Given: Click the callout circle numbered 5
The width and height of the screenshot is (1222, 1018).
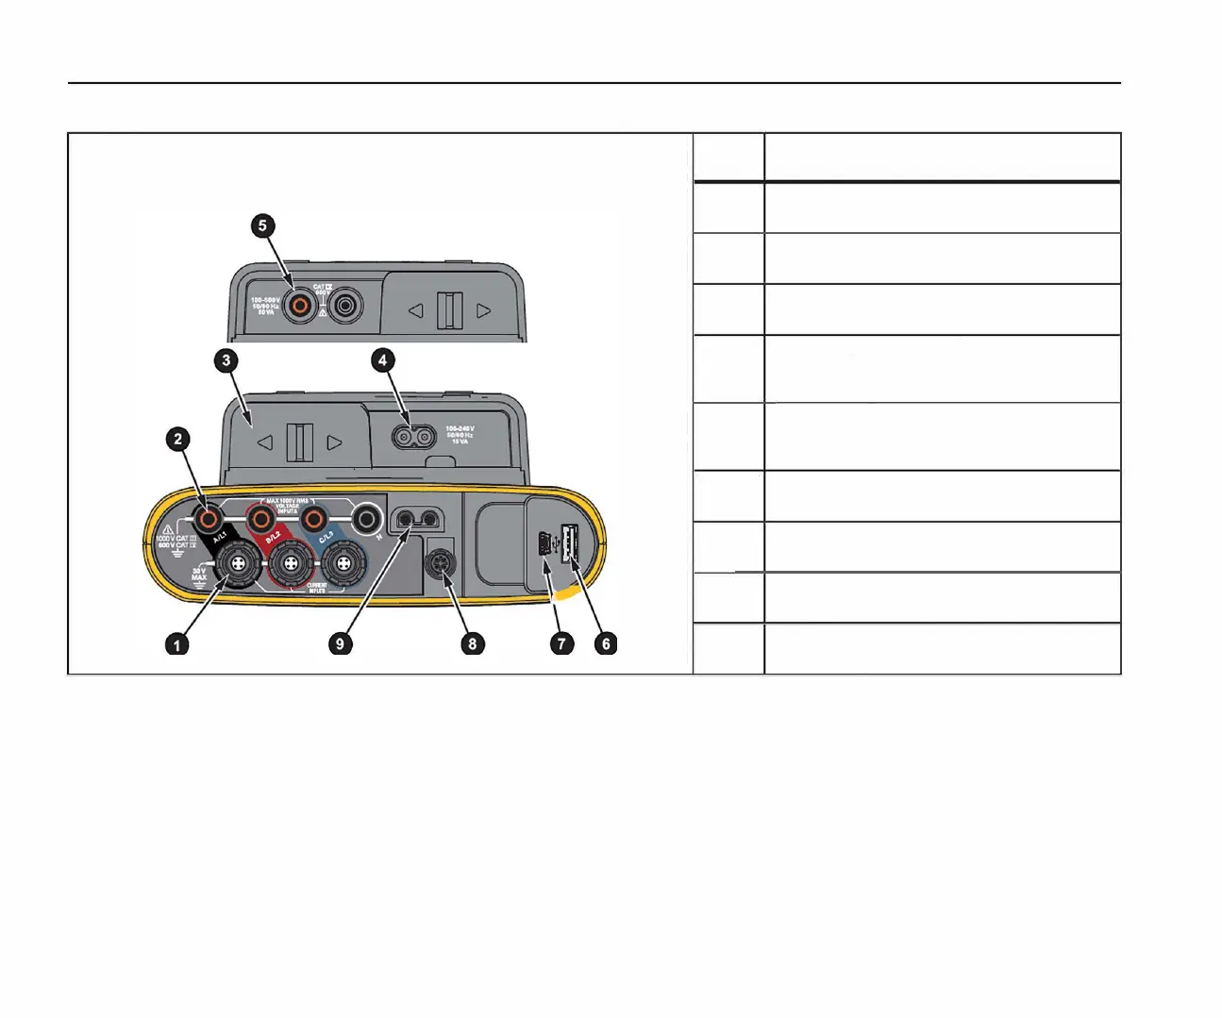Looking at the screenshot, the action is (x=262, y=225).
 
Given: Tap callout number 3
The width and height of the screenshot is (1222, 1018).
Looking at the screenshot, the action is (x=226, y=360).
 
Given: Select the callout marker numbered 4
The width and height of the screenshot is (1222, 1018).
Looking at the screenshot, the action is (x=382, y=360).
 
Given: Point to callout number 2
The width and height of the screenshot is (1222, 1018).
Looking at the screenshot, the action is (x=178, y=439).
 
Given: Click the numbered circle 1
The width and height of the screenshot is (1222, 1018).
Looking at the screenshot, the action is (x=176, y=644).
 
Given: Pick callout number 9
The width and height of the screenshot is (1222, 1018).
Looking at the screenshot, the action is (x=340, y=644).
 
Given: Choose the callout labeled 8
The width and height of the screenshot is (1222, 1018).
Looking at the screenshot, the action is (x=472, y=644).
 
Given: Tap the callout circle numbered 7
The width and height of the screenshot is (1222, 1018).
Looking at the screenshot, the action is (x=561, y=644).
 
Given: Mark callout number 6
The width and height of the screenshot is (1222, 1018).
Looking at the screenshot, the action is (x=606, y=644).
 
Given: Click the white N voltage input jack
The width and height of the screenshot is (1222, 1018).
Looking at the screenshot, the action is (x=365, y=518).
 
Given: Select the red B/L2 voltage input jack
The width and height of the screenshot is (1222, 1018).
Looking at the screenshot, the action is (x=259, y=518).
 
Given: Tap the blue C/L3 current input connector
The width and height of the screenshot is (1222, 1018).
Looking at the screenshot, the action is (x=343, y=566).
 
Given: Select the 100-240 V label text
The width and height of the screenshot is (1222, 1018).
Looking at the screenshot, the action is (x=460, y=435).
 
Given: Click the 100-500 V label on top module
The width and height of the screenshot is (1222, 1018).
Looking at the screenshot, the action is (x=265, y=306).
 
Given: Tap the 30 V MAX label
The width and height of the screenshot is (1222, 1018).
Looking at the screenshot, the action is (x=199, y=574).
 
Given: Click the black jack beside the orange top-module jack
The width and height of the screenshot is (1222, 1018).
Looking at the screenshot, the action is (x=345, y=305).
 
